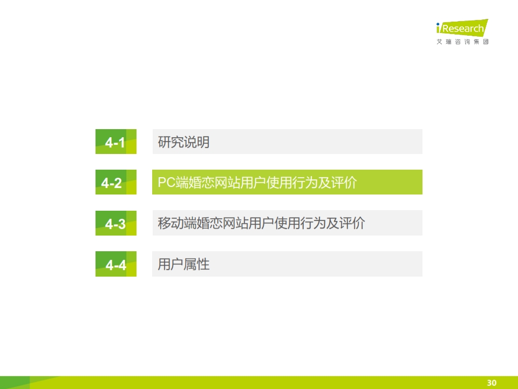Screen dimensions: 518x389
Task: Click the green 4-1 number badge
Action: (116, 142)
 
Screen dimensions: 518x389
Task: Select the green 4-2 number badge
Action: (116, 182)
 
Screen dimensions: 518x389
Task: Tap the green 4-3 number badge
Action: (116, 223)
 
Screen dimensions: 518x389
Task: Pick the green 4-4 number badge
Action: (116, 264)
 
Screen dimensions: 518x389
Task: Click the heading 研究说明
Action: (183, 142)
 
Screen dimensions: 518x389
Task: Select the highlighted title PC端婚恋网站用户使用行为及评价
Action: (257, 183)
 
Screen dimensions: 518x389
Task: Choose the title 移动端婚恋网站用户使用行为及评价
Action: (261, 223)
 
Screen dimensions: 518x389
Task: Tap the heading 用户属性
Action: (183, 264)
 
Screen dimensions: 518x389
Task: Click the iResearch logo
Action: (462, 28)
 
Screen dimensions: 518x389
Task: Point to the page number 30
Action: (492, 383)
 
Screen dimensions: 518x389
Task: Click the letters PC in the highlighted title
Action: (167, 182)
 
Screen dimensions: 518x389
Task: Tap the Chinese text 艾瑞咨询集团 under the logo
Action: (462, 42)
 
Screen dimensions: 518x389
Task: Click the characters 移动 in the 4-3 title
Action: (171, 223)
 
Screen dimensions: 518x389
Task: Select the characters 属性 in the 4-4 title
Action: (197, 264)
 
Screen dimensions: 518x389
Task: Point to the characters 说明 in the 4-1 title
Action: (197, 142)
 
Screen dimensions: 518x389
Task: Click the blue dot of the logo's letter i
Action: (438, 24)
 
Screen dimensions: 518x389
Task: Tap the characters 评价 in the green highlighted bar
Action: (344, 183)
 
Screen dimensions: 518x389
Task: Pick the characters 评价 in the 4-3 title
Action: (352, 223)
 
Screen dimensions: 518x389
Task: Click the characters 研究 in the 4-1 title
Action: (171, 142)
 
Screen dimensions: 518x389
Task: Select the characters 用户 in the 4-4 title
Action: (171, 264)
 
